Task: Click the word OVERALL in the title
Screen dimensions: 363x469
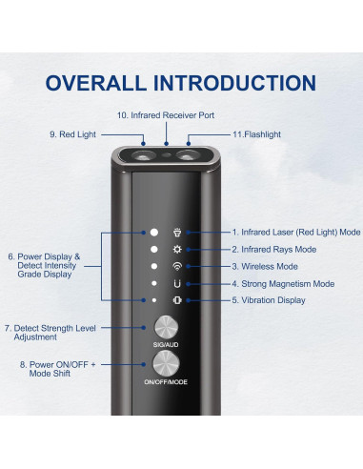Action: (96, 83)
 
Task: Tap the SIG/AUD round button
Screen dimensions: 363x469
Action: (166, 327)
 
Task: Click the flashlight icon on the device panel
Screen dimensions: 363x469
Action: (177, 233)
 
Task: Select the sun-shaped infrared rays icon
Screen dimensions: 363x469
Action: (177, 250)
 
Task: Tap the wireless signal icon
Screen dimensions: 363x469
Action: (177, 266)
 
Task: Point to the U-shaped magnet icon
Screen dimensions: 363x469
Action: (177, 283)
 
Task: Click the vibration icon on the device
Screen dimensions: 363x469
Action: (177, 300)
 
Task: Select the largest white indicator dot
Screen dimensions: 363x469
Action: (154, 233)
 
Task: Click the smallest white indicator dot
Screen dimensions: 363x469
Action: (154, 300)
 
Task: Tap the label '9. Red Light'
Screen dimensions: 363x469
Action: (72, 134)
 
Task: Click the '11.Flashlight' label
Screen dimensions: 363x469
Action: (256, 134)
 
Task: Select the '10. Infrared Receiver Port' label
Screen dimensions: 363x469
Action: (166, 115)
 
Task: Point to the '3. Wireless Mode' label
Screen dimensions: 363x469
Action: (265, 266)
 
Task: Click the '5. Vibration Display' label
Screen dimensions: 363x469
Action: (269, 300)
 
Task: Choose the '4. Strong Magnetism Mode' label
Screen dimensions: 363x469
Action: (283, 283)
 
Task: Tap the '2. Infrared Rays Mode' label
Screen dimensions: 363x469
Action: (274, 250)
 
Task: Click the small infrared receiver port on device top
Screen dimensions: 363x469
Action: (166, 155)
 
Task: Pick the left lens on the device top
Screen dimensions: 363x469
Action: (144, 156)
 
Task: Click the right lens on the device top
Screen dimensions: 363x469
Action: (189, 155)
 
